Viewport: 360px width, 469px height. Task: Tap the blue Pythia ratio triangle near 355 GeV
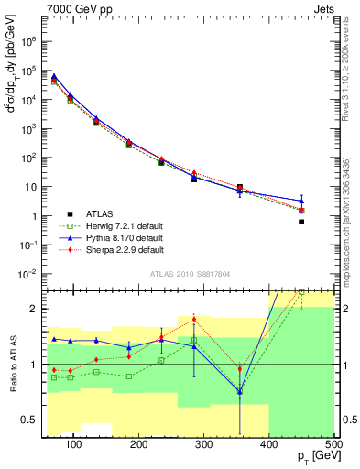tap(240, 392)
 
